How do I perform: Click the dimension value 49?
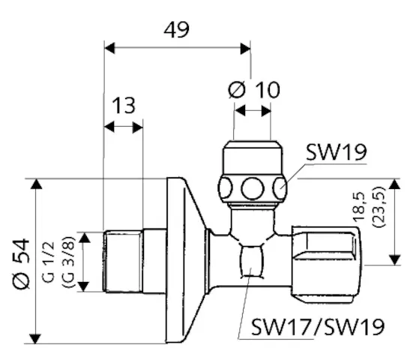[176, 29]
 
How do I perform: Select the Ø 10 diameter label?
[253, 90]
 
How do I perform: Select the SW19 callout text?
[335, 154]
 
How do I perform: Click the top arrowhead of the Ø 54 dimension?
[35, 184]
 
